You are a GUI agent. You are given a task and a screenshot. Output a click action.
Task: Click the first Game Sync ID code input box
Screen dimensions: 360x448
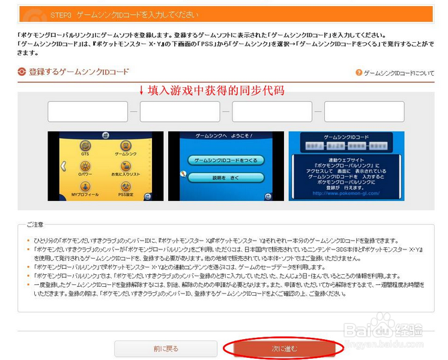coord(87,111)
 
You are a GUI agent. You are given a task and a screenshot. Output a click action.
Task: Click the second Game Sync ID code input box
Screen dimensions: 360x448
coord(179,111)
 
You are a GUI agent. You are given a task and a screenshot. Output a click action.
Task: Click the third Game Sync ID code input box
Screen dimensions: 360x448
coord(272,111)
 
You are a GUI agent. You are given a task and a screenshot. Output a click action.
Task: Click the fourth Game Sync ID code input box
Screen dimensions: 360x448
coord(364,111)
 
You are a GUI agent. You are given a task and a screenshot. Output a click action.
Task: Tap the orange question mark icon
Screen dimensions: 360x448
coord(359,72)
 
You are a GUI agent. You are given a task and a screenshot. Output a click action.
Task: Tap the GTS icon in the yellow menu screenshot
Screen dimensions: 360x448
coord(85,145)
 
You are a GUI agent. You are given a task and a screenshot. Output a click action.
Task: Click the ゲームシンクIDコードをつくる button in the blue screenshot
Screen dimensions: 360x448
coord(225,161)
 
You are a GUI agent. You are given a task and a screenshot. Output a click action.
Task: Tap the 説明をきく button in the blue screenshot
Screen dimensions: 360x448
coord(225,178)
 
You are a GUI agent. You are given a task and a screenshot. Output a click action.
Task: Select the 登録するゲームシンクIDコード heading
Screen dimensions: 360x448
coord(78,71)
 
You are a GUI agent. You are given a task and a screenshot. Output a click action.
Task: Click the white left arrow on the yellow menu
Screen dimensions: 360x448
coord(64,166)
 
